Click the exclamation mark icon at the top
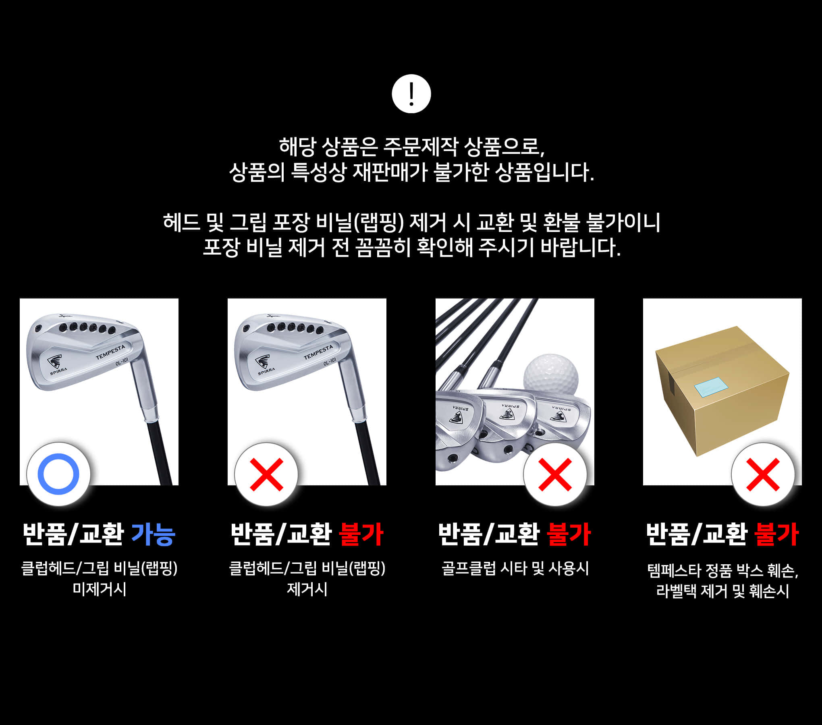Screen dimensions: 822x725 (411, 93)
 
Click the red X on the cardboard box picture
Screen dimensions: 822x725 (763, 474)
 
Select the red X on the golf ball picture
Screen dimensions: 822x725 (555, 474)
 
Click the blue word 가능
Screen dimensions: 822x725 (154, 534)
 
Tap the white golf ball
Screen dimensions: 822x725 (551, 377)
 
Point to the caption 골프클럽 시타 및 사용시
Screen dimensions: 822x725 (515, 568)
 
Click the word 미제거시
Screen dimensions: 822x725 (99, 589)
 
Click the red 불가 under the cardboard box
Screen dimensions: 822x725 (776, 534)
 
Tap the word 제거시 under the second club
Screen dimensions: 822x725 (307, 589)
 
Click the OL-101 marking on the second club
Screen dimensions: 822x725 (329, 362)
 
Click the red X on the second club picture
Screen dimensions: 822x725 (266, 474)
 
